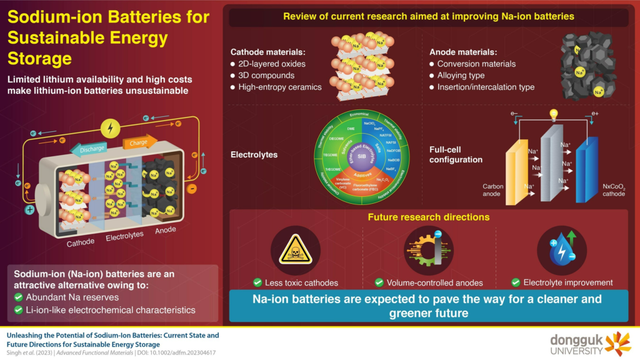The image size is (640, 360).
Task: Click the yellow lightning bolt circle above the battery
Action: pyautogui.click(x=111, y=129)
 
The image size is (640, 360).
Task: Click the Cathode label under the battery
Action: pyautogui.click(x=81, y=241)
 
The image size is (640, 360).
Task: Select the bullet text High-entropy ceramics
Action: pyautogui.click(x=280, y=87)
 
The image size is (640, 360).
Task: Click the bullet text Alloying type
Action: pyautogui.click(x=467, y=76)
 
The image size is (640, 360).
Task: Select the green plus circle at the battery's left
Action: pyautogui.click(x=30, y=209)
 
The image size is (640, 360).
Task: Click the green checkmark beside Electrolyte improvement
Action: pyautogui.click(x=516, y=282)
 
